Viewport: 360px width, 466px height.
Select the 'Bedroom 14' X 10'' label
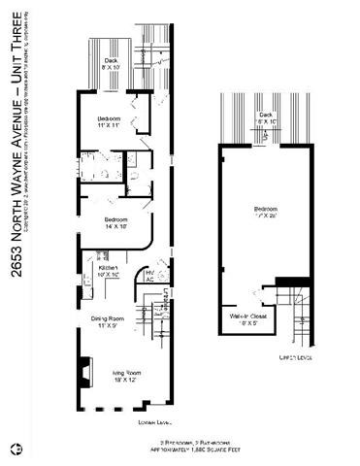(115, 222)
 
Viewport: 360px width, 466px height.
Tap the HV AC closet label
(149, 276)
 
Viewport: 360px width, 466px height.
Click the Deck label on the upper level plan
(265, 118)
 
